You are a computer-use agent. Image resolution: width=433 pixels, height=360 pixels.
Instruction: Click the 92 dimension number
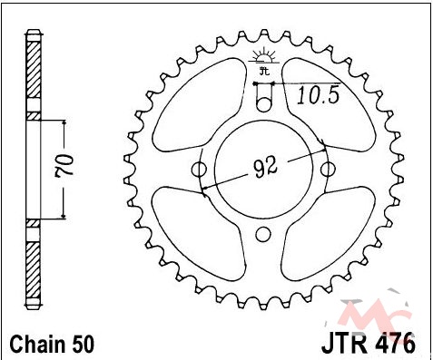pyautogui.click(x=266, y=167)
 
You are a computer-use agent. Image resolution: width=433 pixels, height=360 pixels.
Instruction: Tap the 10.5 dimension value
pyautogui.click(x=319, y=95)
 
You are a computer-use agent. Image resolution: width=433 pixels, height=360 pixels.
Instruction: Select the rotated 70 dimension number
pyautogui.click(x=64, y=165)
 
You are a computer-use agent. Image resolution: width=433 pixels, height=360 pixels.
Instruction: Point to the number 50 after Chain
pyautogui.click(x=83, y=344)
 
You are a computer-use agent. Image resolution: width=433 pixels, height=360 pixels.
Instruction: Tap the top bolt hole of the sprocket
pyautogui.click(x=263, y=104)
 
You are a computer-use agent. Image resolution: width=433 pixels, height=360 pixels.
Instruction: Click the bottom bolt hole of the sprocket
pyautogui.click(x=263, y=235)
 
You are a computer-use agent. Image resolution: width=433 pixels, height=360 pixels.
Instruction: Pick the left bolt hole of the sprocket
pyautogui.click(x=199, y=170)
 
